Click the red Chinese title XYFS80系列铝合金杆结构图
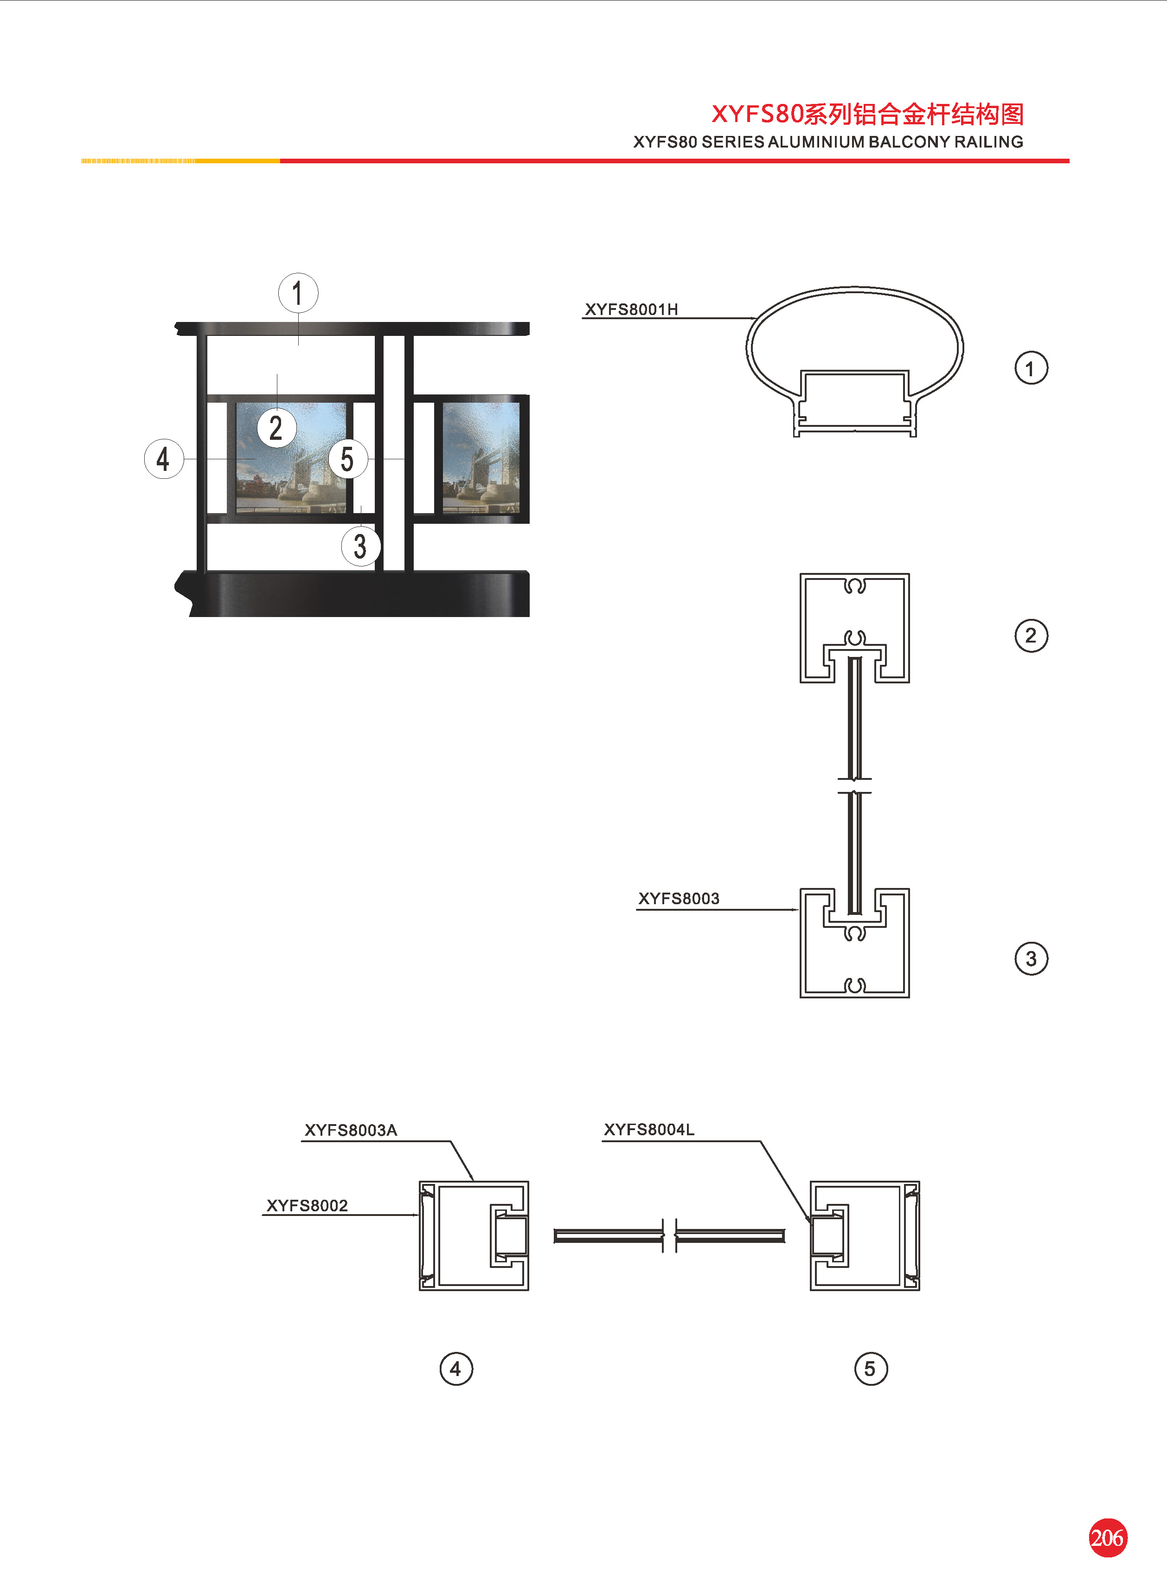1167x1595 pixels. pyautogui.click(x=867, y=114)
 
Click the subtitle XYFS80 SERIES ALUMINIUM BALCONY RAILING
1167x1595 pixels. pyautogui.click(x=828, y=142)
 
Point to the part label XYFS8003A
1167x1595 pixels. pyautogui.click(x=351, y=1130)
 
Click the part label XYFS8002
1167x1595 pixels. pyautogui.click(x=308, y=1205)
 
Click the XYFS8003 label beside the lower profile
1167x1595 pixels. pyautogui.click(x=679, y=899)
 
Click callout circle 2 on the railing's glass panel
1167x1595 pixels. pyautogui.click(x=276, y=428)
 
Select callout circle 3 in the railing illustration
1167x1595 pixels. pyautogui.click(x=360, y=546)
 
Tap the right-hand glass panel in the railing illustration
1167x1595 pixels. pyautogui.click(x=481, y=458)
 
